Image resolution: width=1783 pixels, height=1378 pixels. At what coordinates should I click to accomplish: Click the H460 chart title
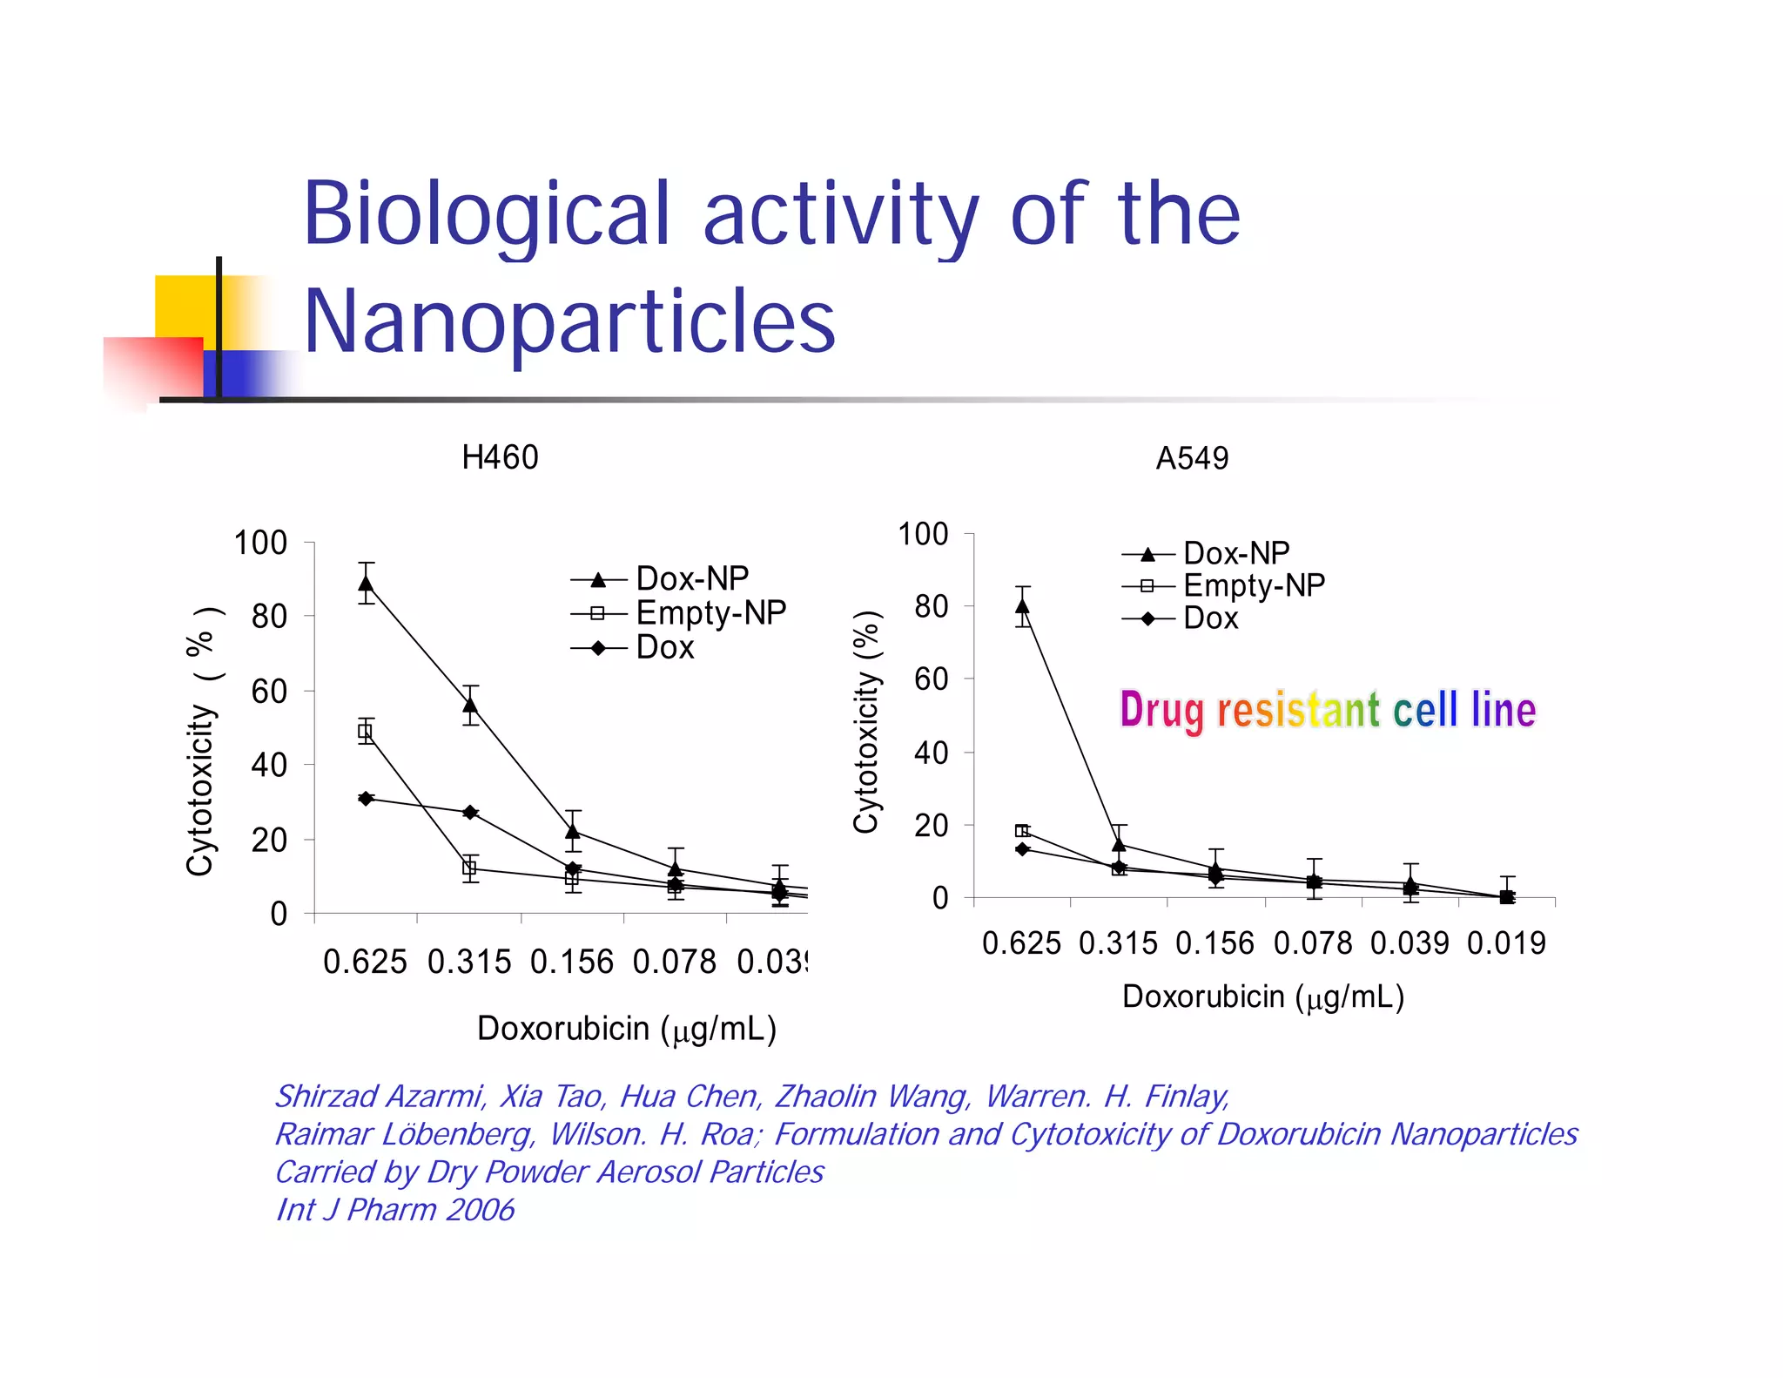click(x=500, y=457)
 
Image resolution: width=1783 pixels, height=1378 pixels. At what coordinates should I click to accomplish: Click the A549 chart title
click(x=1191, y=458)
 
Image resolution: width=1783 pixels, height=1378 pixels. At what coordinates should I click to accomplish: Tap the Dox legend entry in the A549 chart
click(x=1209, y=618)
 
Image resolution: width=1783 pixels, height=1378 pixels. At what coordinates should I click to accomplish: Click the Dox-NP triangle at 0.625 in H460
click(x=367, y=584)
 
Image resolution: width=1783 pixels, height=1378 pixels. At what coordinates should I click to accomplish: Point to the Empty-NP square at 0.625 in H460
click(x=366, y=732)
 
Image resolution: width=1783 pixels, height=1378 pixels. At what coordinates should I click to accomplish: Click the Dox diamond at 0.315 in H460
click(x=470, y=812)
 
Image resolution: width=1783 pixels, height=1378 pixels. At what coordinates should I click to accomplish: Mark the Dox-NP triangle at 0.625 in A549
click(x=1023, y=606)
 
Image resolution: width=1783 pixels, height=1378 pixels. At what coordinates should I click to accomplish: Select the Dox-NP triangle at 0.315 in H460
click(x=470, y=705)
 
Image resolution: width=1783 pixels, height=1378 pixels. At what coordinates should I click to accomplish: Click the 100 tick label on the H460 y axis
click(x=260, y=543)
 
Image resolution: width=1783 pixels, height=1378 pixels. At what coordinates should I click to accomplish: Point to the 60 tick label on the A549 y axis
click(x=931, y=679)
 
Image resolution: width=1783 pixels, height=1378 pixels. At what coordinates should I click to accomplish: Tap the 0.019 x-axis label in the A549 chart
click(x=1506, y=943)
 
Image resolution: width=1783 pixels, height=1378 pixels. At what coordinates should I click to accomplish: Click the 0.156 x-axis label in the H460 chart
click(x=572, y=963)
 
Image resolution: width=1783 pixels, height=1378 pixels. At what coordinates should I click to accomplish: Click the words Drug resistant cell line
click(x=1327, y=710)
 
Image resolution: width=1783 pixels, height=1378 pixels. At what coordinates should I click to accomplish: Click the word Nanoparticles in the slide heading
click(x=569, y=322)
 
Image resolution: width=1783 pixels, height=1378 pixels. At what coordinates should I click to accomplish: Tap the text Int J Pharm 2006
click(x=395, y=1210)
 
